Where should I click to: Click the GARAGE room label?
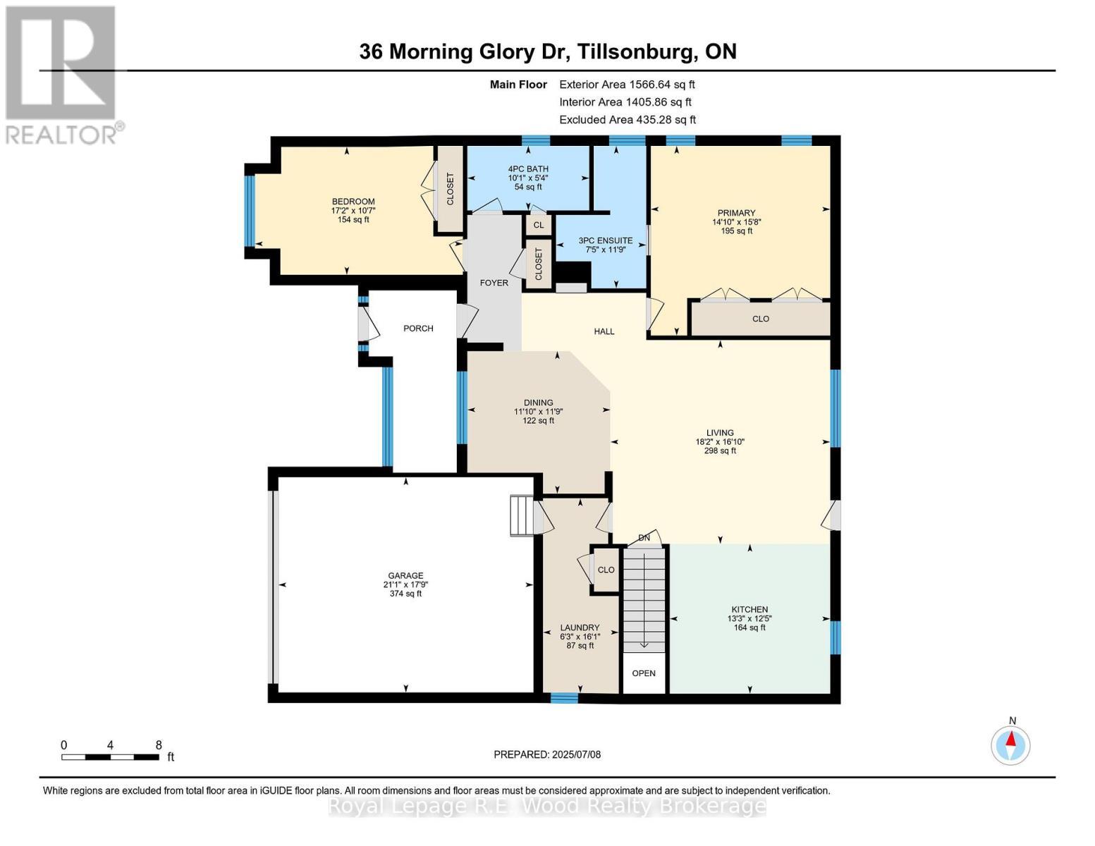click(x=405, y=575)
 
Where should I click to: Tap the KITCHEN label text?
click(x=749, y=610)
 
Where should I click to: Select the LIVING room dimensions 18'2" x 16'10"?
click(x=720, y=442)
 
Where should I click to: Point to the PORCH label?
click(x=418, y=329)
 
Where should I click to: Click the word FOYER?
click(x=494, y=283)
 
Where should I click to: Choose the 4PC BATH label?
click(x=528, y=169)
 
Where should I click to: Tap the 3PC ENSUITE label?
click(x=605, y=240)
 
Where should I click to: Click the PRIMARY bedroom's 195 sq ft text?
click(x=736, y=231)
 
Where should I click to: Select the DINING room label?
click(x=538, y=403)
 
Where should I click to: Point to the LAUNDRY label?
click(x=580, y=627)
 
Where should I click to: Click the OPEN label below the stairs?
click(x=644, y=673)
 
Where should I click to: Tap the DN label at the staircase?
click(x=644, y=538)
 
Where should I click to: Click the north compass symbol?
click(x=1011, y=744)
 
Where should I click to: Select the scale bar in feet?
click(x=110, y=757)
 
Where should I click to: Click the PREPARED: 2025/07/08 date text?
click(x=547, y=754)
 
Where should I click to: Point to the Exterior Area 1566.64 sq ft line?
click(x=627, y=85)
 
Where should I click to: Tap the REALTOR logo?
click(x=62, y=75)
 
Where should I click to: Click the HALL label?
click(x=604, y=331)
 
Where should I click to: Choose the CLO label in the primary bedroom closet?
click(x=760, y=319)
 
